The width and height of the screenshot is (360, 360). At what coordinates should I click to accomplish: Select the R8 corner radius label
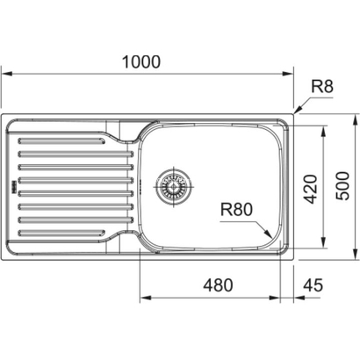[x=323, y=86]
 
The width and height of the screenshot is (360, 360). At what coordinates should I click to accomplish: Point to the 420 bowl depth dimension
[x=308, y=186]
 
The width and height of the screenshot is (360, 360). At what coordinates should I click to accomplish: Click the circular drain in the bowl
[x=173, y=186]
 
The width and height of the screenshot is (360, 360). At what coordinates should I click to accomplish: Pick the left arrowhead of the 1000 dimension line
[x=4, y=74]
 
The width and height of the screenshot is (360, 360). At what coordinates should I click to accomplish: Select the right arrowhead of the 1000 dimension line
[x=290, y=74]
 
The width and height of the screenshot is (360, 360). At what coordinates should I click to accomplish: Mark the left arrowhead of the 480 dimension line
[x=141, y=296]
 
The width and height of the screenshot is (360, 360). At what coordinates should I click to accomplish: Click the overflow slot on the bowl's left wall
[x=140, y=186]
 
